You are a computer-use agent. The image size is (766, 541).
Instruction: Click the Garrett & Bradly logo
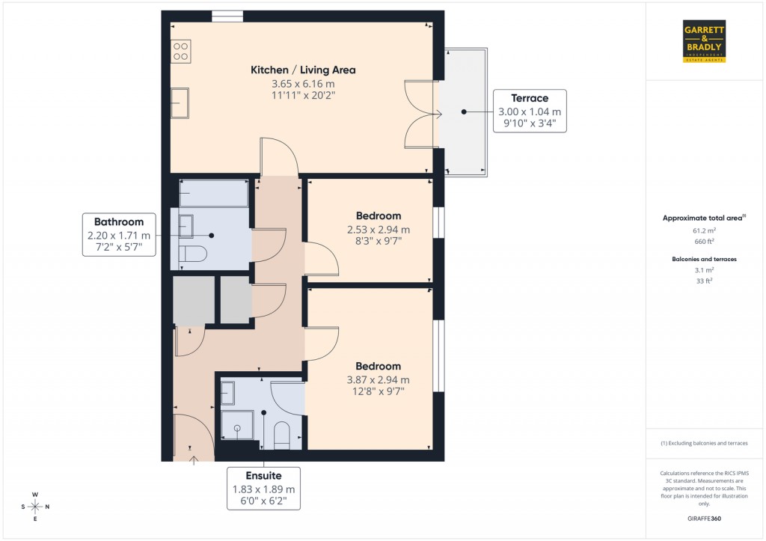pos(704,41)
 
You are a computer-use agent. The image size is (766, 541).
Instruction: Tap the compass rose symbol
pos(34,507)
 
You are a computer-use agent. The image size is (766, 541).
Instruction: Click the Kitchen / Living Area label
pos(303,70)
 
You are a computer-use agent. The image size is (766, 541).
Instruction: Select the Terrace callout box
pos(530,111)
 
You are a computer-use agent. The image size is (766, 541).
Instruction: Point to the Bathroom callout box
pos(118,234)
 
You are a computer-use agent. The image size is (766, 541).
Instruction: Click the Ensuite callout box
pos(263,489)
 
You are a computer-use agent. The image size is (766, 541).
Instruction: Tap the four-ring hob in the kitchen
pos(180,51)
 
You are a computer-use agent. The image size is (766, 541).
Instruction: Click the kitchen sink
pos(180,103)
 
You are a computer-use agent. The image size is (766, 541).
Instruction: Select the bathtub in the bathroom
pos(213,193)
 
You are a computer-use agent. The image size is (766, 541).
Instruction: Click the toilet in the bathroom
pos(193,254)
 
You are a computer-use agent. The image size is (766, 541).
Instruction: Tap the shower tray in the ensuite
pos(237,427)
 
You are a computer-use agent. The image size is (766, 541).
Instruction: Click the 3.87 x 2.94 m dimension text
pos(378,380)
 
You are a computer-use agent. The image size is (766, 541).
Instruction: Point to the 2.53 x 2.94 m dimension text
pos(378,230)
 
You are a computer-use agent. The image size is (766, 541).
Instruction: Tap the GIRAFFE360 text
pos(704,519)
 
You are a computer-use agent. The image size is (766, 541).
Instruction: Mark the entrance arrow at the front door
pos(194,459)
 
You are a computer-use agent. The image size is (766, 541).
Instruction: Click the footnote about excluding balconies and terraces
pos(704,443)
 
